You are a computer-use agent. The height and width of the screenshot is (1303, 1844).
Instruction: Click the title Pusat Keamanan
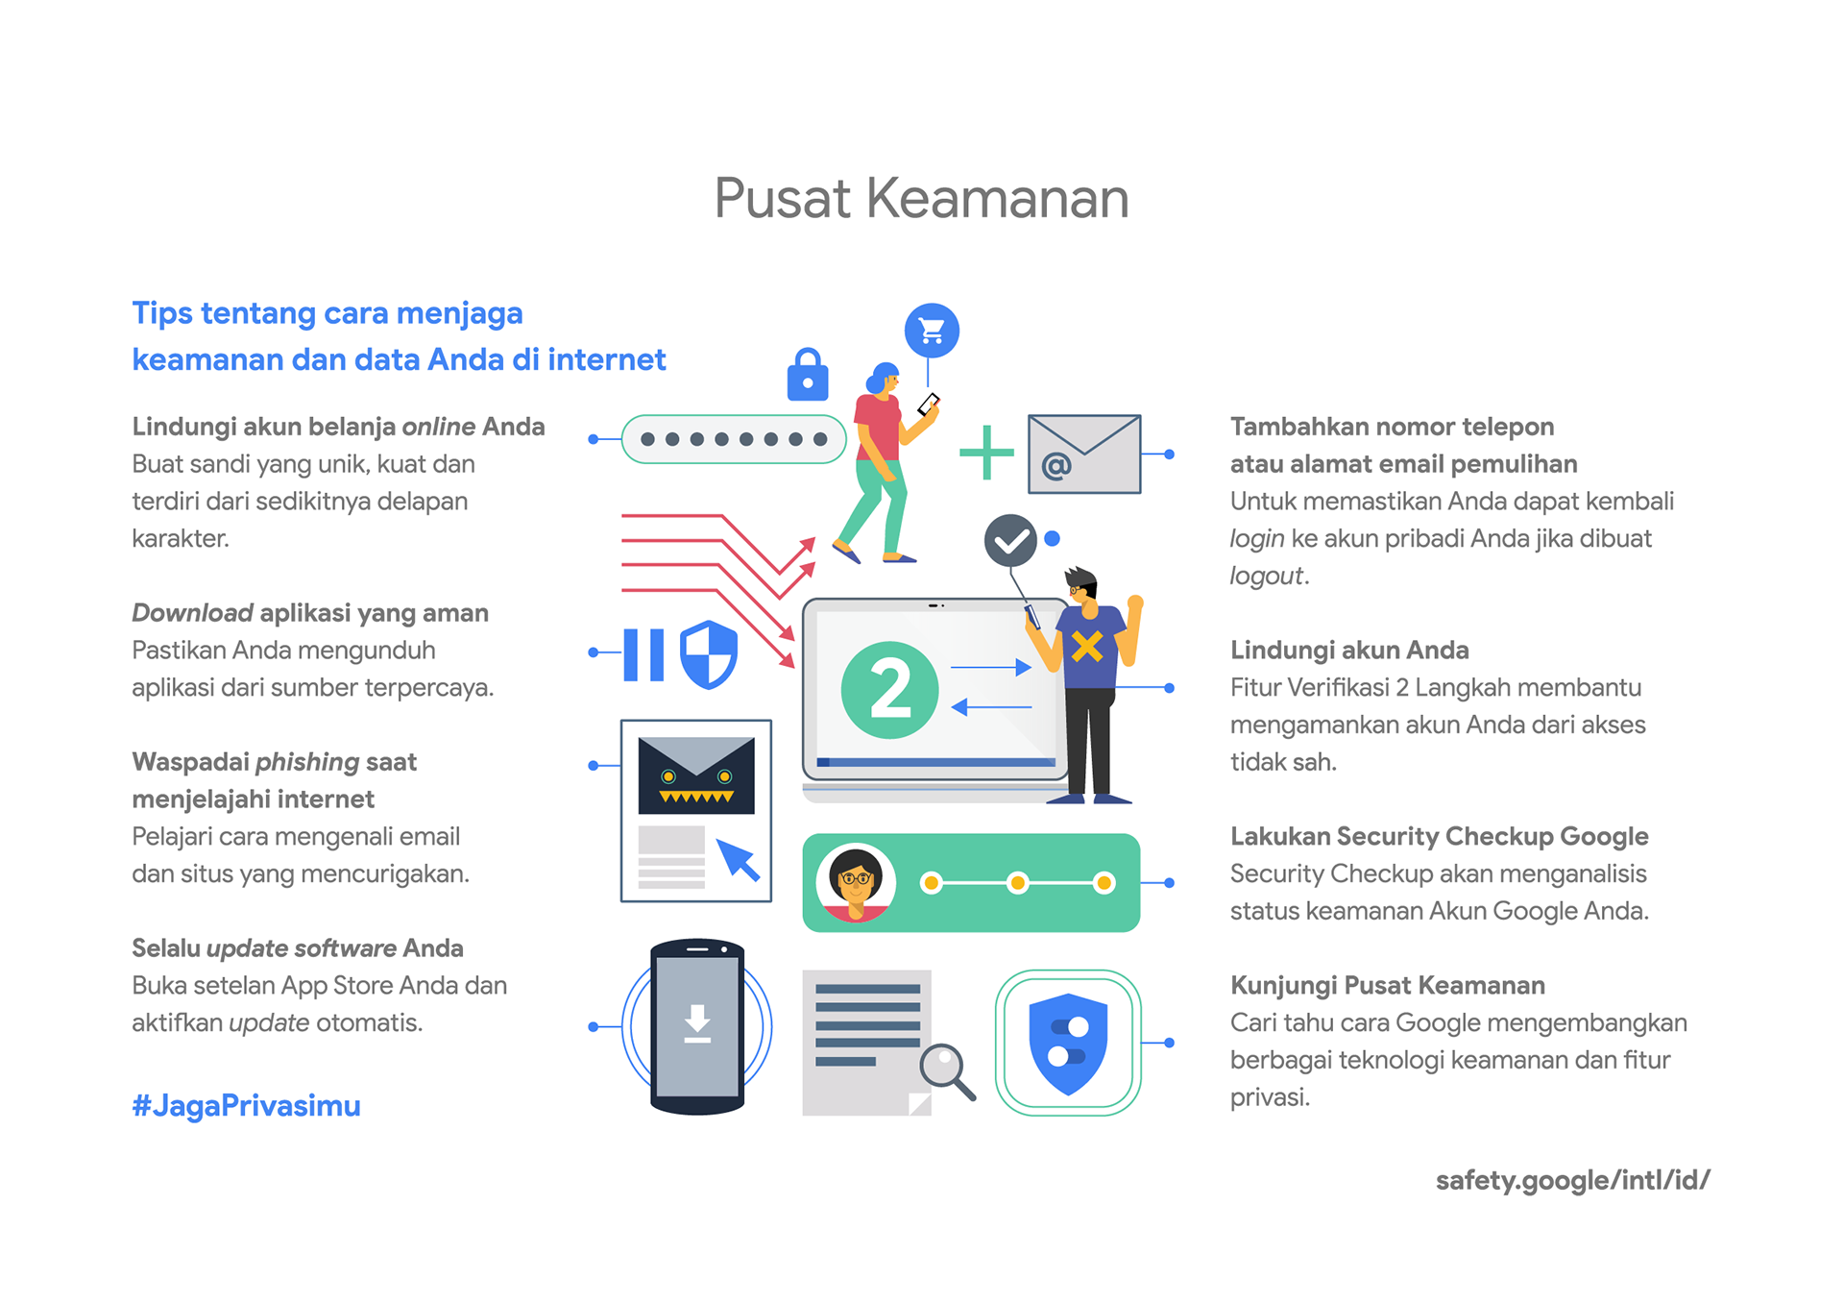pyautogui.click(x=921, y=199)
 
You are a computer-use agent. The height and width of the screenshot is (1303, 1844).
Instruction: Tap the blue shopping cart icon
pyautogui.click(x=932, y=331)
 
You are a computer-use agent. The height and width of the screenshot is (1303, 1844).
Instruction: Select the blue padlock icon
pyautogui.click(x=808, y=376)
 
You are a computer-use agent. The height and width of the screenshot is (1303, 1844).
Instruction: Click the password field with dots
pyautogui.click(x=734, y=439)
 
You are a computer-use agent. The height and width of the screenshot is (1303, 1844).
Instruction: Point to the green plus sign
pyautogui.click(x=987, y=452)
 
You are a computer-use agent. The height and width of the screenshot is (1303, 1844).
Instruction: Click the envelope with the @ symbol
pyautogui.click(x=1083, y=455)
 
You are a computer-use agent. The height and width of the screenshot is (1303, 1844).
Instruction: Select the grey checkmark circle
pyautogui.click(x=1010, y=541)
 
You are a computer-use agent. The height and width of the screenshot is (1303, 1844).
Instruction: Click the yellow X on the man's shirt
pyautogui.click(x=1086, y=647)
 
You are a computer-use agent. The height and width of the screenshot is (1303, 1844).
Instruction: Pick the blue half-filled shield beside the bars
pyautogui.click(x=709, y=654)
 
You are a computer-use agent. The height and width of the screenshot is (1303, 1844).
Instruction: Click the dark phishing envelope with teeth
pyautogui.click(x=696, y=774)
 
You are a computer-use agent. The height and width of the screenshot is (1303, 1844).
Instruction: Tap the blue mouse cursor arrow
pyautogui.click(x=738, y=859)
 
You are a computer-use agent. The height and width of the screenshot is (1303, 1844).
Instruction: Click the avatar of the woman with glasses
pyautogui.click(x=855, y=882)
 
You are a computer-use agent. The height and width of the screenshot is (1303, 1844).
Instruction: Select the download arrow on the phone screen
pyautogui.click(x=697, y=1023)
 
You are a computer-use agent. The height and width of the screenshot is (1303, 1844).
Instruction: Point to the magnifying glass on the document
pyautogui.click(x=945, y=1067)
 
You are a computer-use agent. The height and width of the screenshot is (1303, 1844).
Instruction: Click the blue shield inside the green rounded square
pyautogui.click(x=1068, y=1043)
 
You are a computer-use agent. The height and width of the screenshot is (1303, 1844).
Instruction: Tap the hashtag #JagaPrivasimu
pyautogui.click(x=246, y=1106)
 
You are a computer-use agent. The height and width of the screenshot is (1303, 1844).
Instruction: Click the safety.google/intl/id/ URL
pyautogui.click(x=1572, y=1180)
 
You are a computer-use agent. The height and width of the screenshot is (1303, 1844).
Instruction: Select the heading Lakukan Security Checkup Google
pyautogui.click(x=1439, y=837)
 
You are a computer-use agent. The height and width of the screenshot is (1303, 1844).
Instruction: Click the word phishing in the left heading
pyautogui.click(x=307, y=762)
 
